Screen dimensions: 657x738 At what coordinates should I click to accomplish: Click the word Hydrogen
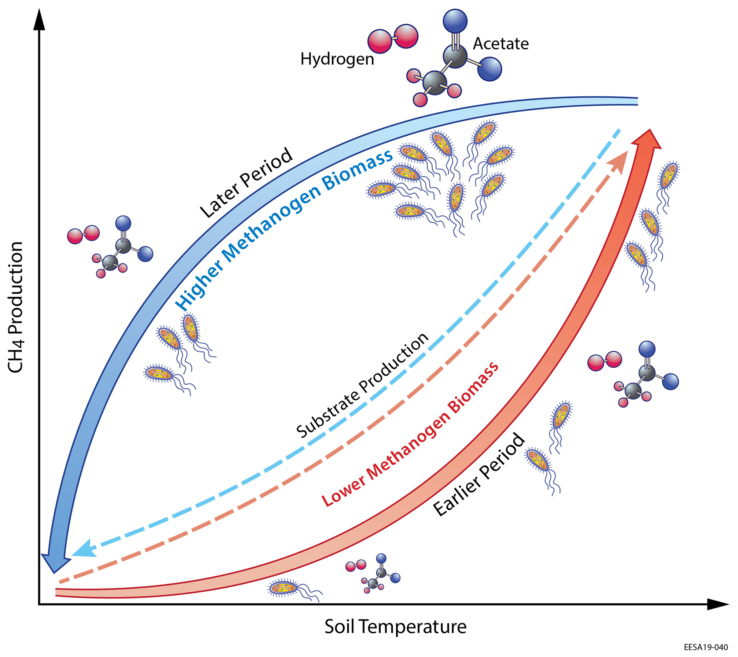[337, 59]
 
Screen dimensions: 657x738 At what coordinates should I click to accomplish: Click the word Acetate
[501, 44]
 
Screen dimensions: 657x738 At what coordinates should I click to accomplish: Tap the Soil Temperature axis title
[395, 627]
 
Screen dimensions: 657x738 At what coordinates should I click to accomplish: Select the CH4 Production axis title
[16, 307]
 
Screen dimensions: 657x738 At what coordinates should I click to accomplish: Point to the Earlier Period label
[479, 475]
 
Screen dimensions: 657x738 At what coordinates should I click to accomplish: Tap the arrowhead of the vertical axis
[39, 20]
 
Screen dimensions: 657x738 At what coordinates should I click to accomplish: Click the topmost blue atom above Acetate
[455, 21]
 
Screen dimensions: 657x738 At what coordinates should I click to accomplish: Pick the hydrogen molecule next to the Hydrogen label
[393, 39]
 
